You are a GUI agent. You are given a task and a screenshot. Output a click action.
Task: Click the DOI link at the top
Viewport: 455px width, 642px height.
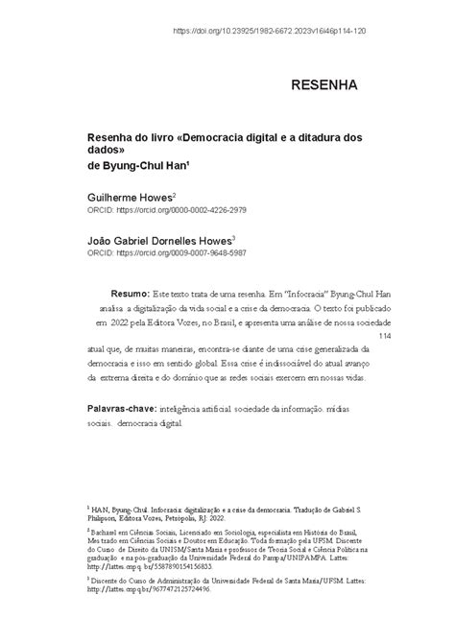coord(269,31)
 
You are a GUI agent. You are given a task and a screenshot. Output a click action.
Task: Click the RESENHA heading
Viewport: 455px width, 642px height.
coord(323,85)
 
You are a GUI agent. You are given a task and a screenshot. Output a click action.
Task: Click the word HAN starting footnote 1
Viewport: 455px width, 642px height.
coord(101,511)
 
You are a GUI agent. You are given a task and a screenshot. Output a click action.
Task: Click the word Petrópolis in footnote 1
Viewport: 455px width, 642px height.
coord(204,520)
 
